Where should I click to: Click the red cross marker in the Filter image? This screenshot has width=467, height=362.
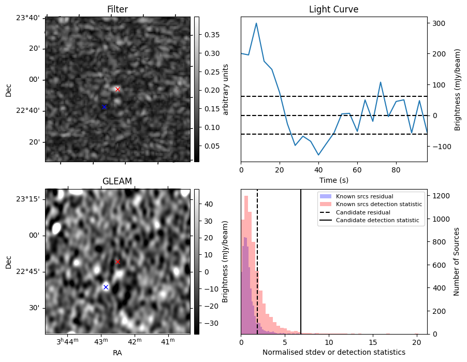point(118,89)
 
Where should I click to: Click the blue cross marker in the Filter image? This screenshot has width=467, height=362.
point(104,107)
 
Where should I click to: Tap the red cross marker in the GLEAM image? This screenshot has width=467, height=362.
point(118,262)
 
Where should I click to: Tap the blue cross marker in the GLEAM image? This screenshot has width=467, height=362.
point(106,287)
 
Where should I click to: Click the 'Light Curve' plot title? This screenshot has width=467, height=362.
point(333,9)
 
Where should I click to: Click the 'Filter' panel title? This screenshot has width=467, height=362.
point(117,9)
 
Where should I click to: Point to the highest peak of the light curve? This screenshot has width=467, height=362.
point(256,23)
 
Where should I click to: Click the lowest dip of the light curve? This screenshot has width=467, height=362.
point(318,155)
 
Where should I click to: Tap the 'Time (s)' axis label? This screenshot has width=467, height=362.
point(333,180)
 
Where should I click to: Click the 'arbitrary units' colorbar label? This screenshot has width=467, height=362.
point(226,89)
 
